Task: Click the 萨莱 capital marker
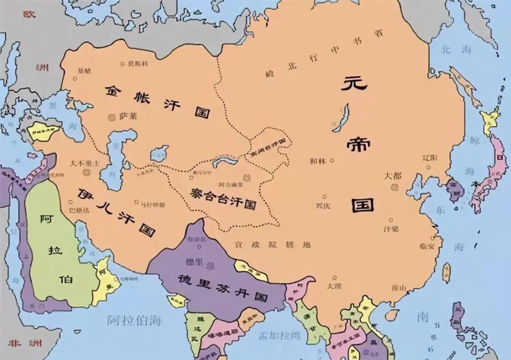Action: point(112,116)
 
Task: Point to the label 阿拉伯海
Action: point(134,320)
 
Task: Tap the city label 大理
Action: point(335,286)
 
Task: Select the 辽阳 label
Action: point(431,157)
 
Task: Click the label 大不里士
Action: point(85,164)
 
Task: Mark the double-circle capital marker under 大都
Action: point(394,187)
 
